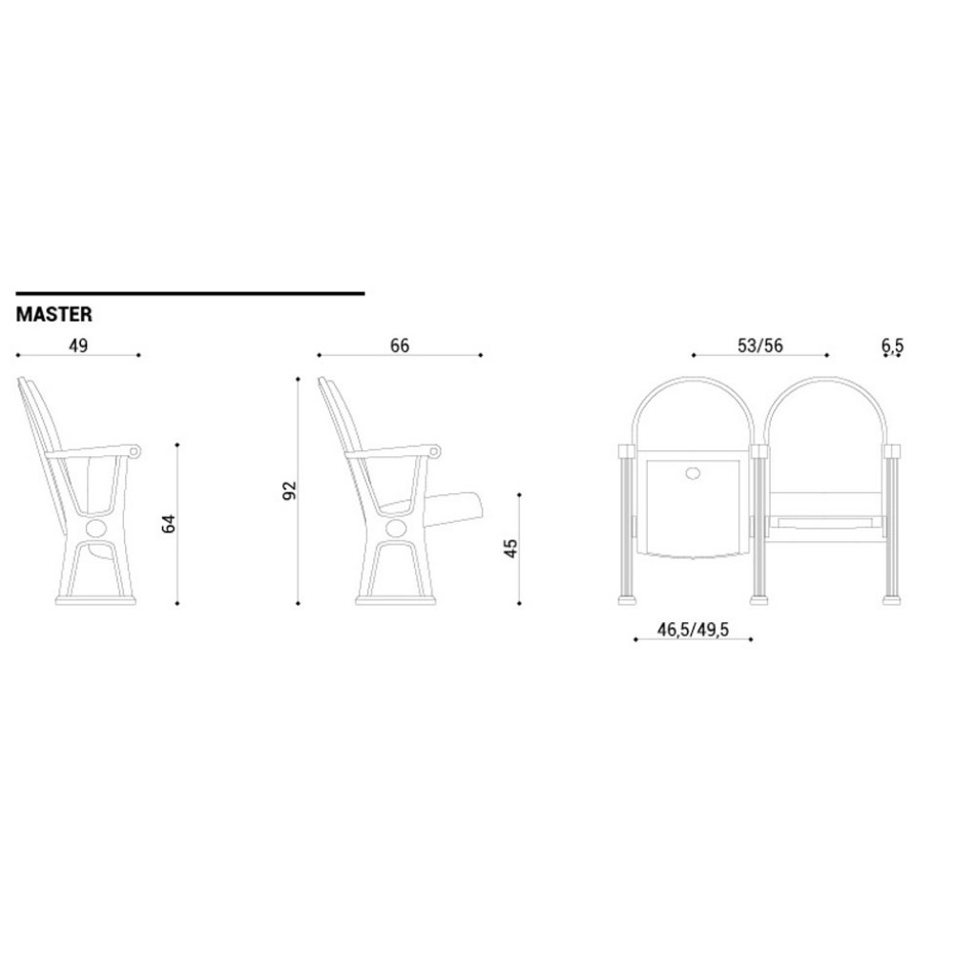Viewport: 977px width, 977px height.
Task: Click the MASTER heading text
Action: (54, 315)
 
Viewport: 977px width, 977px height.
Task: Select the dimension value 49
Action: (78, 345)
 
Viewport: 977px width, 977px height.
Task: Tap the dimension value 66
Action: (400, 345)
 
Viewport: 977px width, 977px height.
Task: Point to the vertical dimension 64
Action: (169, 524)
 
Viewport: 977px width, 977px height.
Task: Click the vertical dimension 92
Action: (290, 490)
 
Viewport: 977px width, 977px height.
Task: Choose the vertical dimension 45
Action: (510, 549)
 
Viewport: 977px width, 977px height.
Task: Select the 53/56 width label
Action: (760, 345)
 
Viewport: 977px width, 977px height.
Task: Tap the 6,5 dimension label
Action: (892, 345)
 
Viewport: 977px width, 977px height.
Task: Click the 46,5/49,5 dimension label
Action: (693, 630)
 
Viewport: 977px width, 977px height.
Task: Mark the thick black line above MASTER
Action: (190, 293)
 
